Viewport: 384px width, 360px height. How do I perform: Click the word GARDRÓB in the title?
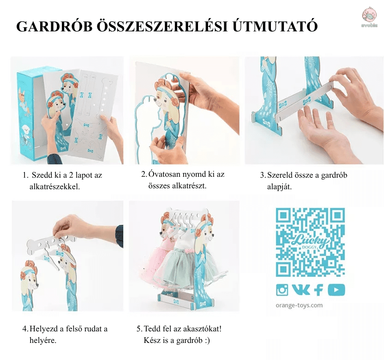coord(54,26)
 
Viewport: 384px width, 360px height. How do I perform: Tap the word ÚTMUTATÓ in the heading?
coord(275,26)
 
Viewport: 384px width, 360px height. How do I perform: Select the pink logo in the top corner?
coord(370,16)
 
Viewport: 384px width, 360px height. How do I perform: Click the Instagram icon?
coord(282,290)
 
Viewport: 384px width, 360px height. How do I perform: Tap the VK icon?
coord(301,290)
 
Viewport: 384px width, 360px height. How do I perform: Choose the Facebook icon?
coord(318,290)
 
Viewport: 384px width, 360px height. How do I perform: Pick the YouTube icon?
coord(336,290)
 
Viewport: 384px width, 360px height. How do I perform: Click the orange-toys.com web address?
coord(299,306)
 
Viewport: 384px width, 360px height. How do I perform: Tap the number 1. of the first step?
coord(26,175)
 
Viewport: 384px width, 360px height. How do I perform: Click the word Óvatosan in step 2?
coord(167,174)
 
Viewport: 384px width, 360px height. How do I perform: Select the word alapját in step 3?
coord(279,187)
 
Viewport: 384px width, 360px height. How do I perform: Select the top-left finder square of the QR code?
coord(283,215)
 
